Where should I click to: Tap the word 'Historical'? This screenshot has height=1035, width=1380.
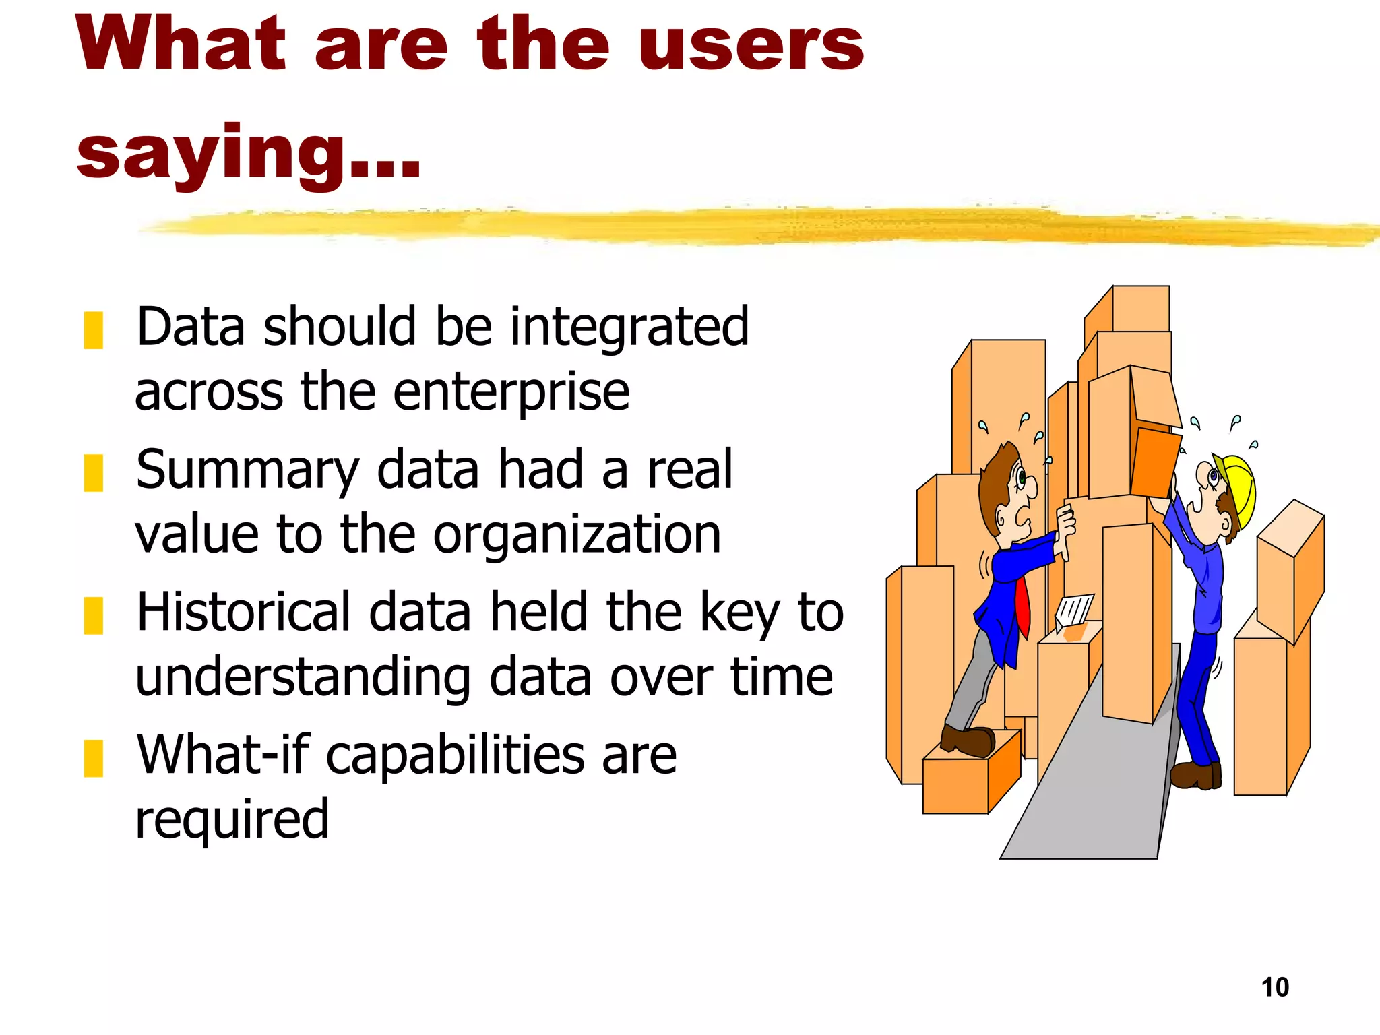[x=243, y=612]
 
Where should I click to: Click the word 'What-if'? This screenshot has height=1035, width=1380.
[x=222, y=755]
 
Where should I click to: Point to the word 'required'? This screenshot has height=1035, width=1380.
[x=232, y=820]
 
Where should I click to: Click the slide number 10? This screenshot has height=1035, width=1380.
[x=1274, y=988]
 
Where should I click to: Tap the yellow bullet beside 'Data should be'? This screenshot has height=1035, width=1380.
[x=93, y=330]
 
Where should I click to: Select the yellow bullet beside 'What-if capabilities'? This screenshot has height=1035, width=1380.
[x=93, y=758]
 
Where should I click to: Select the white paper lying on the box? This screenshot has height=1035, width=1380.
[x=1073, y=610]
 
